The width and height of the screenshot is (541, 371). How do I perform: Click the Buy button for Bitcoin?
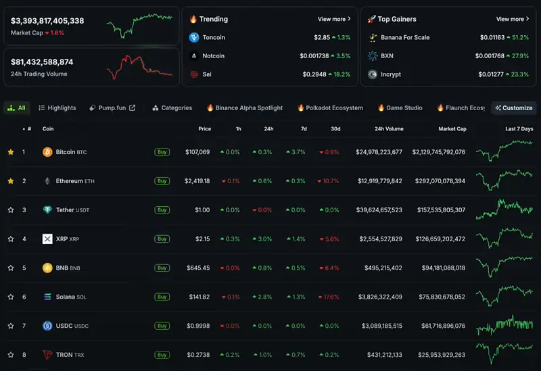[x=162, y=152]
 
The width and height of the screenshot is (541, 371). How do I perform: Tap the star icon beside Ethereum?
[x=11, y=181]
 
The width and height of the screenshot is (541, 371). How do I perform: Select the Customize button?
[x=514, y=108]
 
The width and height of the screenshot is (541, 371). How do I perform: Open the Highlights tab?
[x=57, y=108]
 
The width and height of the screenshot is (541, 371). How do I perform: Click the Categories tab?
[x=172, y=108]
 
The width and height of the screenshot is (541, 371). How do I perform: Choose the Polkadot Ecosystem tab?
[x=330, y=108]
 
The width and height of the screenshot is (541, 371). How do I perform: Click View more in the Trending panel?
[x=334, y=19]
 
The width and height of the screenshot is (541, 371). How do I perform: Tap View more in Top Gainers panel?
[x=513, y=19]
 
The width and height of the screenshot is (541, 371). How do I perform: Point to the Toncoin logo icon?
[x=194, y=37]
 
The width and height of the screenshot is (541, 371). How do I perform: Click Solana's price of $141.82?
[x=199, y=297]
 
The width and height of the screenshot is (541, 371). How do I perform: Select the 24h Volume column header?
[x=389, y=129]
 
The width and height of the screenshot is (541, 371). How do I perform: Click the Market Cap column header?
[x=452, y=129]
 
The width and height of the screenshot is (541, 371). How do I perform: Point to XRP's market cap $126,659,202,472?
[x=440, y=239]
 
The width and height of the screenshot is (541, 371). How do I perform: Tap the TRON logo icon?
[x=47, y=355]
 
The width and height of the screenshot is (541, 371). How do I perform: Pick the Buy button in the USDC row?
[x=162, y=326]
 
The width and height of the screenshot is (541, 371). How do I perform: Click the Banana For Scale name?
[x=405, y=37]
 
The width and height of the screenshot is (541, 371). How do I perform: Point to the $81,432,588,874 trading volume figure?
[x=42, y=62]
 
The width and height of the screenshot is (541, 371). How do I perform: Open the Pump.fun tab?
[x=112, y=108]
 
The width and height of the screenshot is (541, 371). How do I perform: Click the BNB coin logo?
[x=47, y=268]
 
